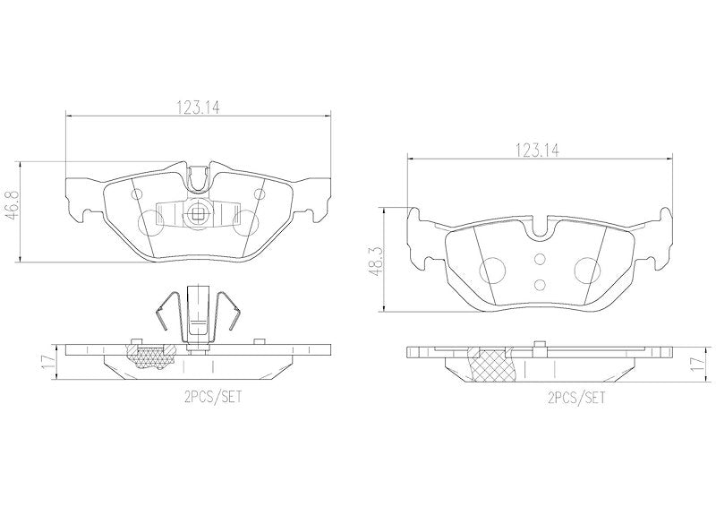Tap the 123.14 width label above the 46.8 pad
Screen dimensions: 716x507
[x=198, y=107]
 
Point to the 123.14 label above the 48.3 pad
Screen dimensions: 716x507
[x=537, y=150]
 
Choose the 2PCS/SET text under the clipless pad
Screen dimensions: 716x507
[x=575, y=399]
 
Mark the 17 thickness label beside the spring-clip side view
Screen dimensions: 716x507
[x=48, y=362]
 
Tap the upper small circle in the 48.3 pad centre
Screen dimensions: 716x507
[x=540, y=260]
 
